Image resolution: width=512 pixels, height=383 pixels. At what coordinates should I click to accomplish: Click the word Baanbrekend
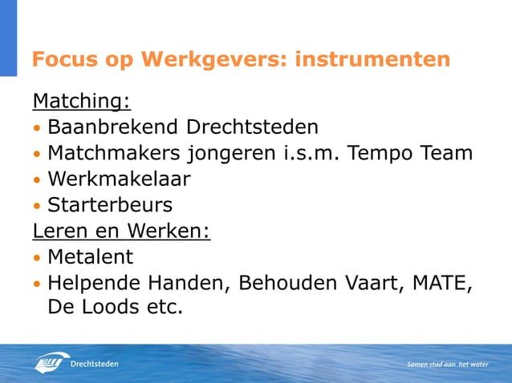pyautogui.click(x=114, y=127)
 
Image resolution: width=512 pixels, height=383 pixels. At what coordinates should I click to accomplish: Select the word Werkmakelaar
pyautogui.click(x=119, y=178)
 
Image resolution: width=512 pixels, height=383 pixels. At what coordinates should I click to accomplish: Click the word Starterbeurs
pyautogui.click(x=110, y=204)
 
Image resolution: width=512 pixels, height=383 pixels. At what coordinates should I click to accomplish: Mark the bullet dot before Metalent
pyautogui.click(x=37, y=258)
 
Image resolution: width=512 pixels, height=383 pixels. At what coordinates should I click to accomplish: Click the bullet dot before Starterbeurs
pyautogui.click(x=37, y=206)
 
